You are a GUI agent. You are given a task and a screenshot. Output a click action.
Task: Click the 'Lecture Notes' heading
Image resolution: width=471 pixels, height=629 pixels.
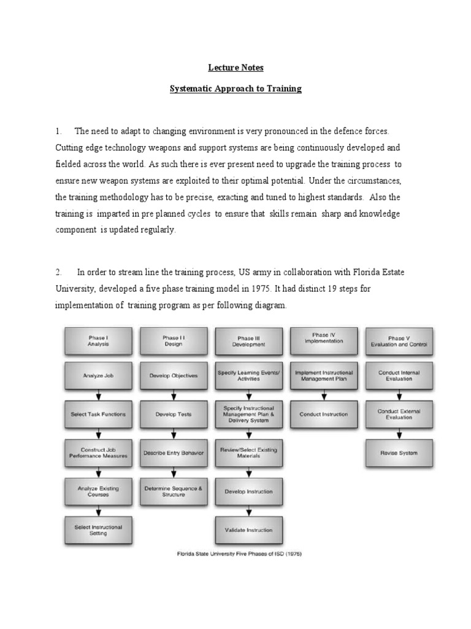pos(235,68)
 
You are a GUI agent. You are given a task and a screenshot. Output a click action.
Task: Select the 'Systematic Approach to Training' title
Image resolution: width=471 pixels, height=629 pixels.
pos(235,88)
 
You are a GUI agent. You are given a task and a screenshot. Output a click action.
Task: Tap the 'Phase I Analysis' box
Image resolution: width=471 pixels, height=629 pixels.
pos(98,341)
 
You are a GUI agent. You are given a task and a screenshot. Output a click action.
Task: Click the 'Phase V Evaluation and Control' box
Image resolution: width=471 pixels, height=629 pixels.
pos(399,341)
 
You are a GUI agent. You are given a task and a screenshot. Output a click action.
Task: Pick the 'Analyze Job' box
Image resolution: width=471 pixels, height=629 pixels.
pos(98,375)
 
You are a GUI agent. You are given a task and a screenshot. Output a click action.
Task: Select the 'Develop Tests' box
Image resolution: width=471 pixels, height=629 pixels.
pos(174,414)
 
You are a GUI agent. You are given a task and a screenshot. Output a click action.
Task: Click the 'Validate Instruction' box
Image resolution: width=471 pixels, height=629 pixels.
pos(248,529)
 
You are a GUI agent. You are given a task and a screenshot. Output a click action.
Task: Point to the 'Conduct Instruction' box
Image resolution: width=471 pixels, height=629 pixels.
pos(324,414)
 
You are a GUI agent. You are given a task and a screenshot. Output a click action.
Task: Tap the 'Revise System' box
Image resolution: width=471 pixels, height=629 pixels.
pos(399,453)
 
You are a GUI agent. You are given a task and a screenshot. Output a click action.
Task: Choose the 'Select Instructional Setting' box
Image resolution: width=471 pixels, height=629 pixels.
pos(98,529)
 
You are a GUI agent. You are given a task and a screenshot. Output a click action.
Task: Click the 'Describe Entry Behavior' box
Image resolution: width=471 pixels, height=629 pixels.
pos(174,453)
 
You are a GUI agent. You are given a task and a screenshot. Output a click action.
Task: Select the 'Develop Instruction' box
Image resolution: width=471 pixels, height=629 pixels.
pos(248,491)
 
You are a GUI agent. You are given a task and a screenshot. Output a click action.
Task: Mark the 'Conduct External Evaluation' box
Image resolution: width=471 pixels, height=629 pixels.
pos(399,414)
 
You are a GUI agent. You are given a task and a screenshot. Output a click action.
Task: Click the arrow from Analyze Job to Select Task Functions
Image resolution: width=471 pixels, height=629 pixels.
pos(98,395)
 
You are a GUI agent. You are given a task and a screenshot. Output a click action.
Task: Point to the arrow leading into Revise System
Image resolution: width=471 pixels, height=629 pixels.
pos(399,434)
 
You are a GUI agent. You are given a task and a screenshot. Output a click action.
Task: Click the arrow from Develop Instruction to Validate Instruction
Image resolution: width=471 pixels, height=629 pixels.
pos(248,510)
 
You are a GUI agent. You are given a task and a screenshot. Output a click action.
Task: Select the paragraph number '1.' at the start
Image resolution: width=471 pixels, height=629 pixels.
pos(59,131)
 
